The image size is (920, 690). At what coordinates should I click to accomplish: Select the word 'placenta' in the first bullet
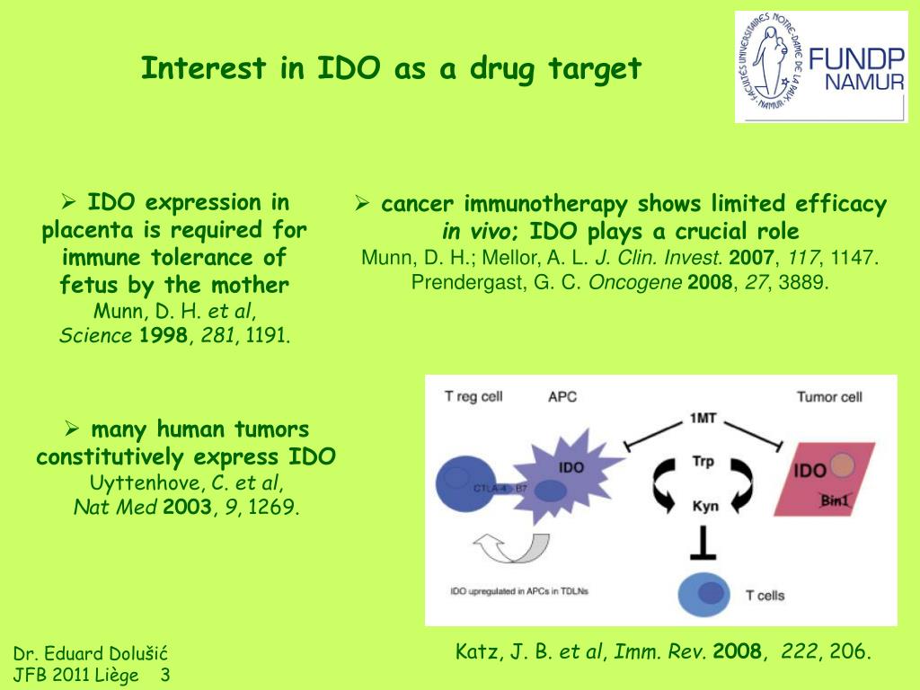[83, 230]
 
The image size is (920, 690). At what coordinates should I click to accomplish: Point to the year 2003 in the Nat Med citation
[188, 508]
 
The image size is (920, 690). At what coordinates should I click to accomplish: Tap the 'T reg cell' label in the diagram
[473, 396]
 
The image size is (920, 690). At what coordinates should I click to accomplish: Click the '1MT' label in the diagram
[703, 418]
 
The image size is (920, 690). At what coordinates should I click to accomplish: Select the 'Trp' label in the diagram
[703, 462]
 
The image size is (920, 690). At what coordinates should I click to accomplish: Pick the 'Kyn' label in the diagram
[703, 506]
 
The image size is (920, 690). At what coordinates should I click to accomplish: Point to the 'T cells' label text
[766, 595]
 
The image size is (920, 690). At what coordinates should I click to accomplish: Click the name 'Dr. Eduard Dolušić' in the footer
[91, 653]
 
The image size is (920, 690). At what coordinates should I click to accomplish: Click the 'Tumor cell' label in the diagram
[829, 396]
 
